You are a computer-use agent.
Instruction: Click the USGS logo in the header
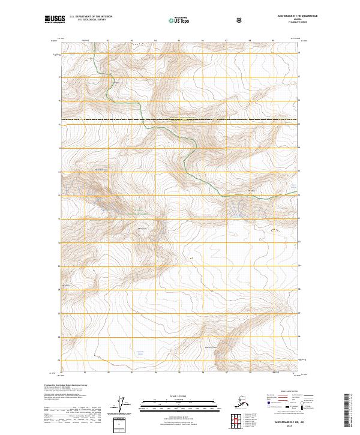[53, 20]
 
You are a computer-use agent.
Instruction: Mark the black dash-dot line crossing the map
[180, 121]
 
